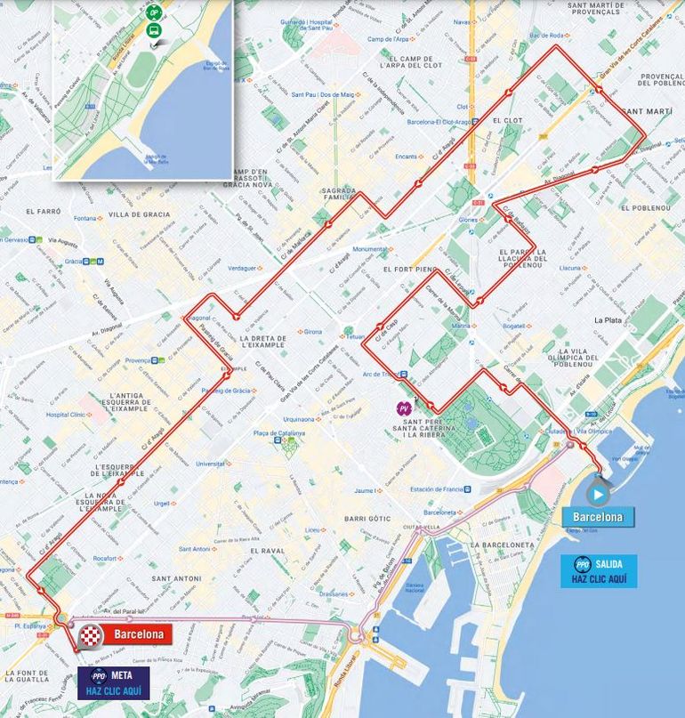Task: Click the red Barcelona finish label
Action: click(136, 634)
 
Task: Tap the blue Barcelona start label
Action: click(598, 517)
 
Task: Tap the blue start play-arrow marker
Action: click(598, 492)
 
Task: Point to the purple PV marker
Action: click(404, 407)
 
